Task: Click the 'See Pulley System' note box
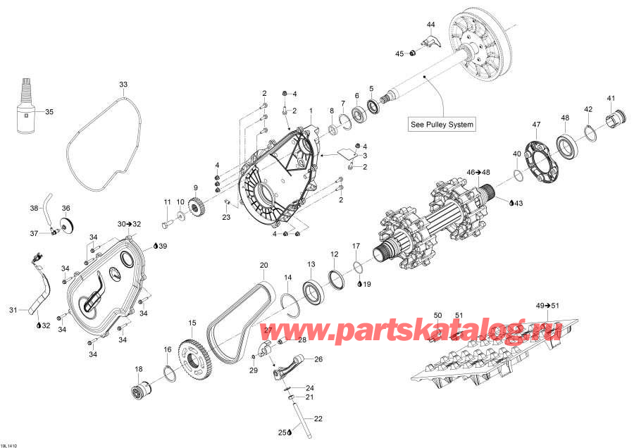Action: tap(442, 125)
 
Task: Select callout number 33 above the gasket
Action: tap(123, 85)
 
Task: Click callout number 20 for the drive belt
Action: tap(263, 266)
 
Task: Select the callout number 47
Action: tap(536, 125)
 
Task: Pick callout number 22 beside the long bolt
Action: tap(318, 419)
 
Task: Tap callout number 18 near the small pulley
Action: tap(138, 369)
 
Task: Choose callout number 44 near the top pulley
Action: tap(431, 25)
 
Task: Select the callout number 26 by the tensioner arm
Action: tap(318, 359)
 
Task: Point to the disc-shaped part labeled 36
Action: tap(67, 225)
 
